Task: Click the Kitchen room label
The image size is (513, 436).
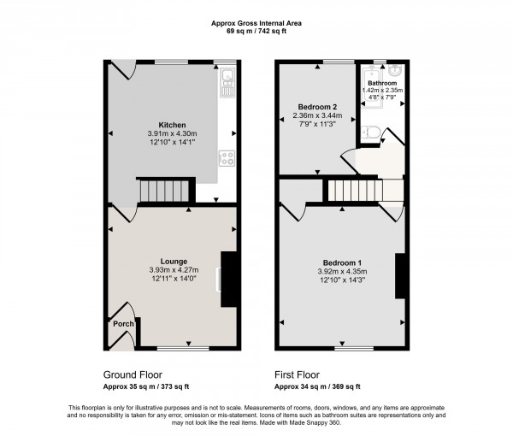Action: [161, 123]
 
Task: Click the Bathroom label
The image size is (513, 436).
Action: [383, 83]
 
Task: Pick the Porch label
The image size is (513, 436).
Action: [123, 324]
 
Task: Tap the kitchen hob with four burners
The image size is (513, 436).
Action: [227, 157]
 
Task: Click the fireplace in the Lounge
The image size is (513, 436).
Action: [228, 280]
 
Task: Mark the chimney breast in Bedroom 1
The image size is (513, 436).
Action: [399, 275]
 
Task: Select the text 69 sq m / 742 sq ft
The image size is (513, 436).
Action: [256, 31]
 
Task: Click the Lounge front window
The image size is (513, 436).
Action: [182, 349]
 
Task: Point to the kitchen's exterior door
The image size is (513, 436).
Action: [120, 70]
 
